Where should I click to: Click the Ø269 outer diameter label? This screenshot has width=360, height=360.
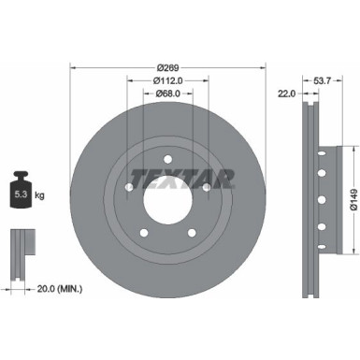click(x=167, y=67)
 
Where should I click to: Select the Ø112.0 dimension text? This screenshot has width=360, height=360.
click(x=167, y=80)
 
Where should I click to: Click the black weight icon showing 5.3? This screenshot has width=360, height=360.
click(x=22, y=192)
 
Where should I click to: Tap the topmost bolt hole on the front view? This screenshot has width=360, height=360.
click(x=167, y=161)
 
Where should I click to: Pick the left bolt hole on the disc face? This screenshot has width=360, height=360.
click(x=129, y=188)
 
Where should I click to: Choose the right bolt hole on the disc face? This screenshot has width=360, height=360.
click(x=206, y=188)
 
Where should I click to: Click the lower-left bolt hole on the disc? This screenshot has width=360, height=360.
click(x=144, y=233)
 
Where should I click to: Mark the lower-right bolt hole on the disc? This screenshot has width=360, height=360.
click(x=191, y=233)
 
